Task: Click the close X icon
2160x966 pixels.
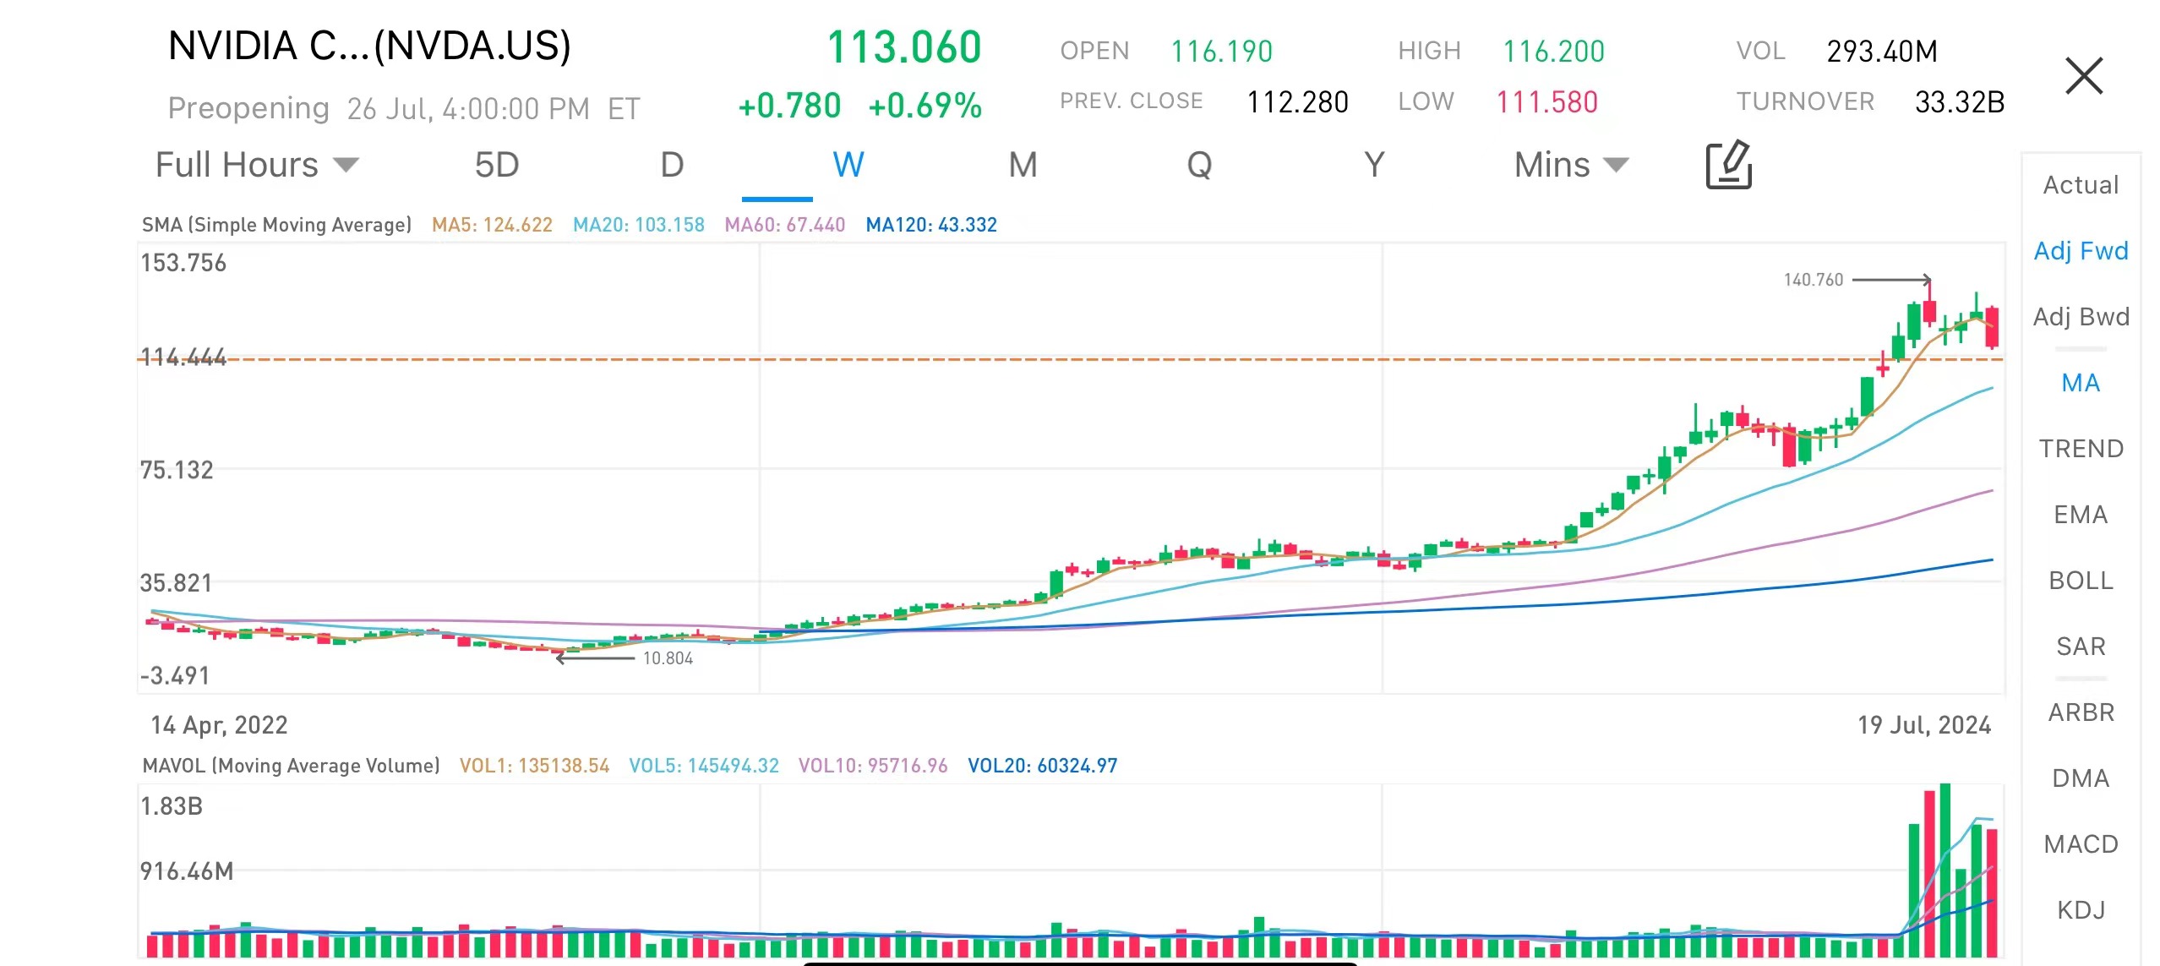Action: pyautogui.click(x=2083, y=76)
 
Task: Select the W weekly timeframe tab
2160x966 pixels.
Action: pyautogui.click(x=848, y=165)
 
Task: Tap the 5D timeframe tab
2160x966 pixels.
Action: pyautogui.click(x=497, y=165)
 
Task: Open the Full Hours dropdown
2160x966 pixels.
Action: pyautogui.click(x=257, y=165)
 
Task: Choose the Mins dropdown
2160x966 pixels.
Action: pyautogui.click(x=1570, y=165)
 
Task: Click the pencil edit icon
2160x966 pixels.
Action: pyautogui.click(x=1728, y=165)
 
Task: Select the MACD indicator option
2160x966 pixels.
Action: pyautogui.click(x=2081, y=843)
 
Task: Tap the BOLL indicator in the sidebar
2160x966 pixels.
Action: pyautogui.click(x=2081, y=581)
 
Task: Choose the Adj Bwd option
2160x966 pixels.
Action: pyautogui.click(x=2081, y=317)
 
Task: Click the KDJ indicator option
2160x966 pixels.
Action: pyautogui.click(x=2081, y=909)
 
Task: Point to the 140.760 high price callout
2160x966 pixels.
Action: pyautogui.click(x=1813, y=280)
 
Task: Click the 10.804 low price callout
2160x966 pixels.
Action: pyautogui.click(x=668, y=658)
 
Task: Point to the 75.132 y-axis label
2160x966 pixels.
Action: pyautogui.click(x=177, y=470)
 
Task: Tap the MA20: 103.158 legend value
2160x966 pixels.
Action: pyautogui.click(x=638, y=225)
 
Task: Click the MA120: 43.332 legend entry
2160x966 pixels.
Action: pyautogui.click(x=931, y=225)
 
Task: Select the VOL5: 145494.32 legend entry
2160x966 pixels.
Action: pyautogui.click(x=703, y=766)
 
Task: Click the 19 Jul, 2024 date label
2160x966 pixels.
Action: pyautogui.click(x=1923, y=725)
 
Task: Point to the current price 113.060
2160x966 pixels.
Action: pyautogui.click(x=903, y=47)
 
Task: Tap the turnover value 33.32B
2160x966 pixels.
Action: pyautogui.click(x=1959, y=102)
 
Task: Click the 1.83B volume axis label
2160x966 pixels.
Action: pyautogui.click(x=172, y=806)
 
